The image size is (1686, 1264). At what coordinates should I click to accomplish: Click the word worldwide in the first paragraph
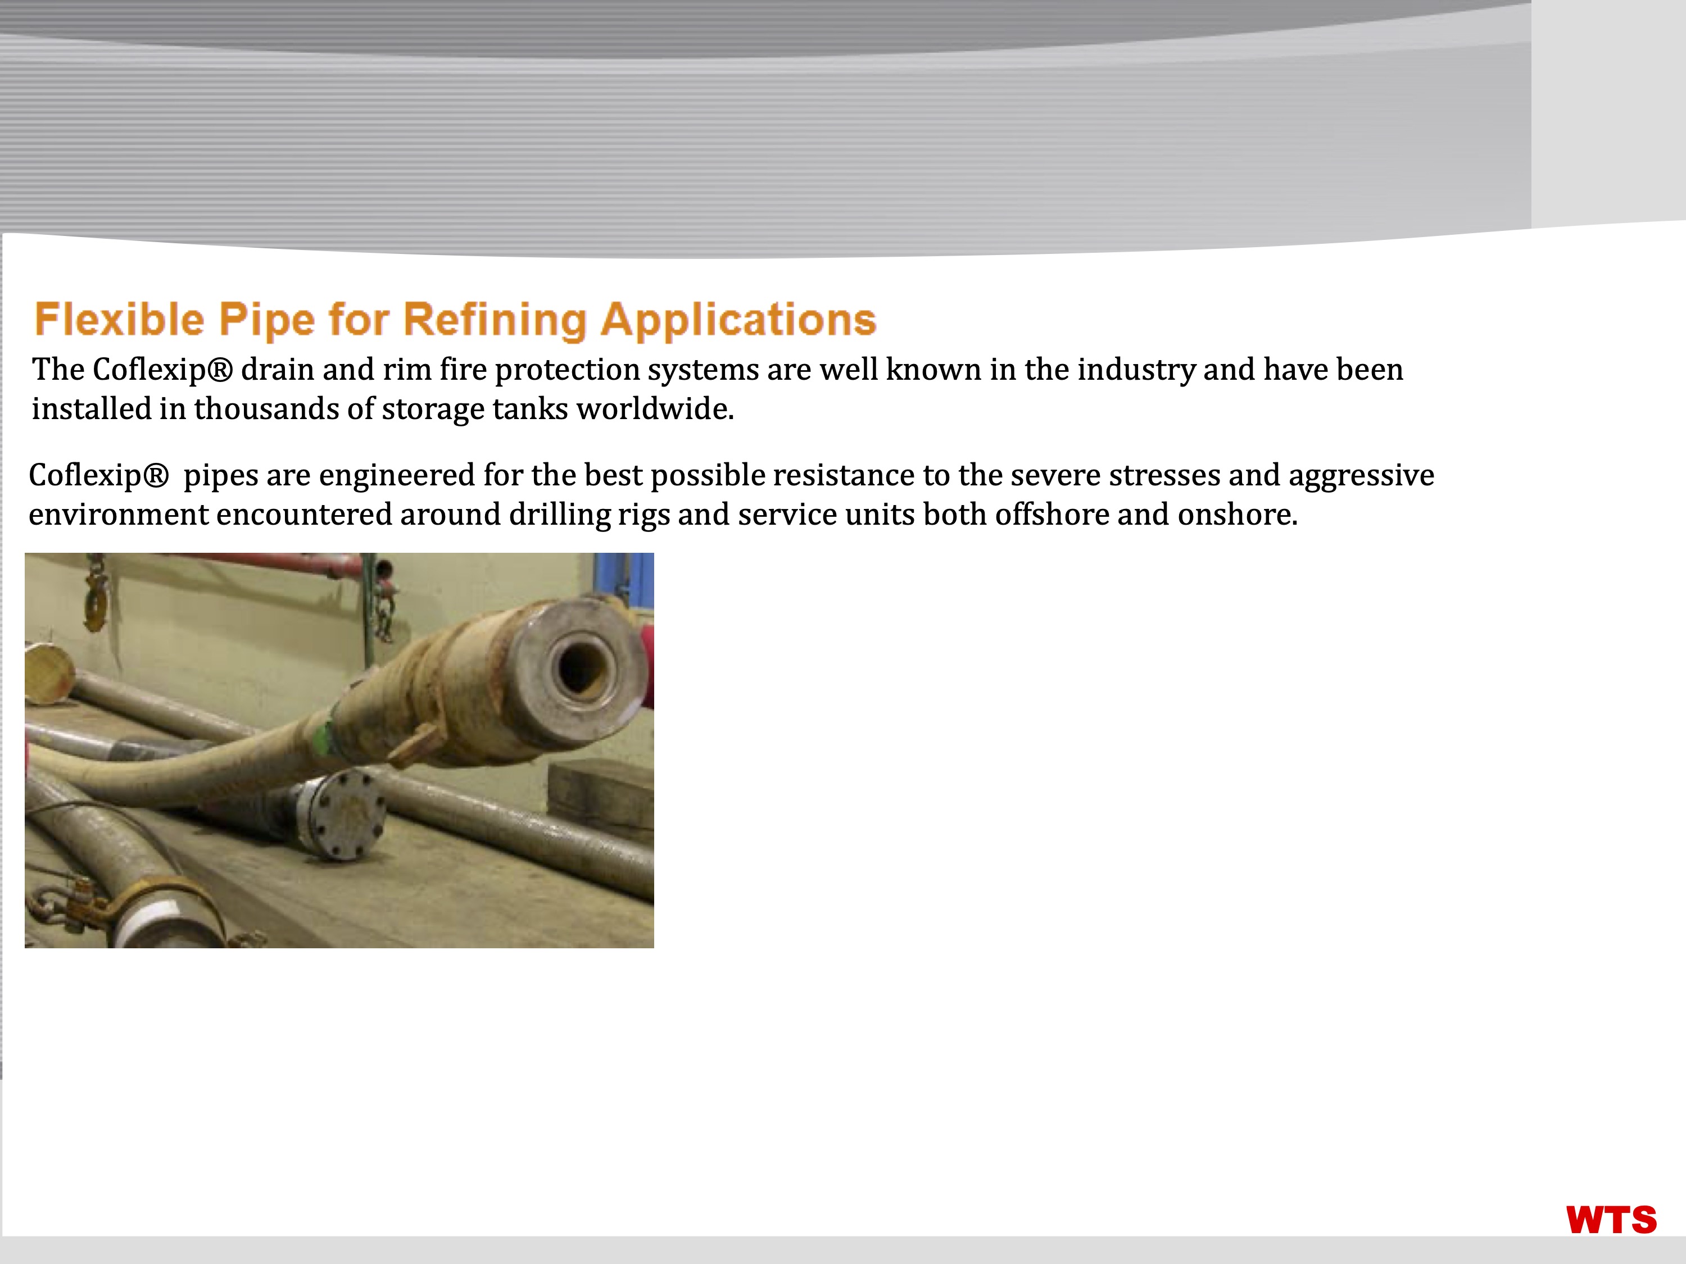coord(655,409)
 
